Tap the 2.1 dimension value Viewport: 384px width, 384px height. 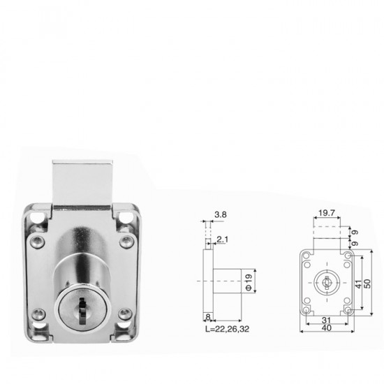(222, 239)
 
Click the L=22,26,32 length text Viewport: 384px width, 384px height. (224, 328)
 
